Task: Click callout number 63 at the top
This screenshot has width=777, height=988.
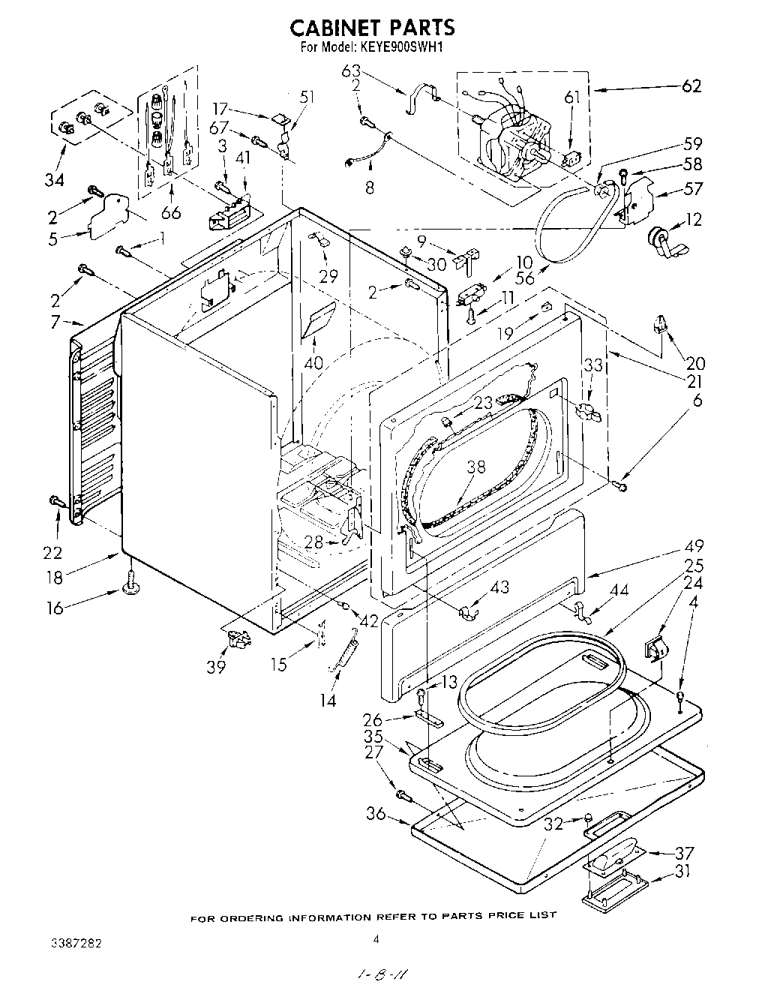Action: [x=352, y=72]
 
